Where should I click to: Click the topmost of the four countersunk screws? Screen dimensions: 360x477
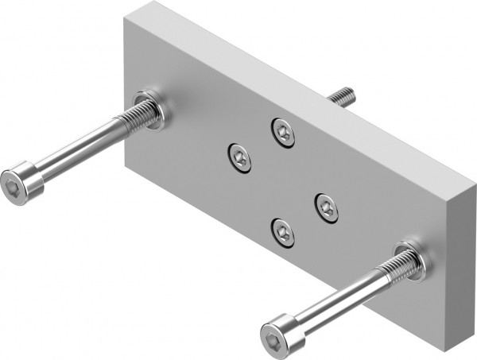coord(282,131)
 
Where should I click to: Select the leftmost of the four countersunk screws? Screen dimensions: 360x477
coord(239,157)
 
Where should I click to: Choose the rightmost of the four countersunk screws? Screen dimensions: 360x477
coord(326,207)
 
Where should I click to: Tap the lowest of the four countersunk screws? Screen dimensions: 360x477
coord(283,231)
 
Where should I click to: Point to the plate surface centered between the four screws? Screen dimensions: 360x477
coord(283,181)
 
